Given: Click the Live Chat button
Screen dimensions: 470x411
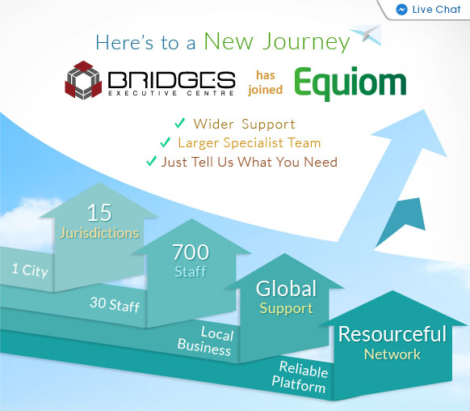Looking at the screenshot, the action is coord(427,10).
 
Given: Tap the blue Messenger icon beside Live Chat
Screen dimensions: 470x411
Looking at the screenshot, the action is coord(401,10).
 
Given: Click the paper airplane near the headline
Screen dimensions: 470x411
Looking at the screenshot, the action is coord(366,35).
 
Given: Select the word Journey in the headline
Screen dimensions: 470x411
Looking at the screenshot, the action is coord(306,42).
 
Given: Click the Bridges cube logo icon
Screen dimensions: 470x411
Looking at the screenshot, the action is coord(83,80).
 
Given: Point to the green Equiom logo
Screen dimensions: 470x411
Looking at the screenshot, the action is coord(350,83).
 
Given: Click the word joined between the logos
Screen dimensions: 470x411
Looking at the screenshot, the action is coord(265,90).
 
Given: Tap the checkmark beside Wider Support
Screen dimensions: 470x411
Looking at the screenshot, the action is coord(179,123).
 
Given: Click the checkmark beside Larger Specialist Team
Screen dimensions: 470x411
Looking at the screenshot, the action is coord(166,142).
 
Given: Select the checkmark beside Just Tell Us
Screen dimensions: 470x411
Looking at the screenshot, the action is coord(151,161).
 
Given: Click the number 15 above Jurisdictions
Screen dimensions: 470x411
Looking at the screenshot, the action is coord(99,213).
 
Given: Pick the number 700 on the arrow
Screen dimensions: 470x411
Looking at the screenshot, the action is coord(191,252).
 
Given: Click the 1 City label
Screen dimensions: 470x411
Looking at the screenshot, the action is coord(30,270).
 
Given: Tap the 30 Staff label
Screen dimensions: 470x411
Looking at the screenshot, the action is coord(115,304).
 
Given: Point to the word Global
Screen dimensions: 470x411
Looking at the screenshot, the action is coord(286,289).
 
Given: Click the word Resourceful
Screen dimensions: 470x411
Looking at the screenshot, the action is coord(392,334).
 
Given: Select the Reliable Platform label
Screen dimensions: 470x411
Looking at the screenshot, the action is coord(300,377).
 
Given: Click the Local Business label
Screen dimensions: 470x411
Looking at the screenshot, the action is coord(206,341).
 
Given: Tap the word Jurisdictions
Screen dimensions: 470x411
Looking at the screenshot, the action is coord(99,233).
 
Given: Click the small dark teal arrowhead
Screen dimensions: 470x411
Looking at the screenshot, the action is coord(403,218).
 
